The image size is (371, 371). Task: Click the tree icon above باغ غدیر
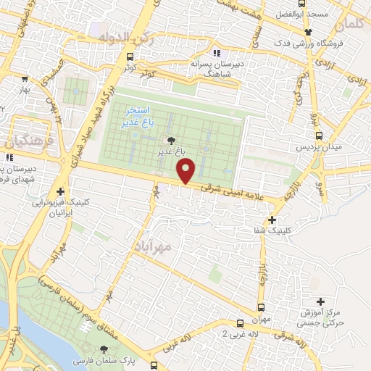pyautogui.click(x=171, y=141)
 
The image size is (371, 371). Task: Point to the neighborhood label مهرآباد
pyautogui.click(x=152, y=247)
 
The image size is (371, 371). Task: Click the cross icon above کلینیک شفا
pyautogui.click(x=272, y=220)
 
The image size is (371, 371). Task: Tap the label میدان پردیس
pyautogui.click(x=310, y=146)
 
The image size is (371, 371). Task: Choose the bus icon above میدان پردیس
pyautogui.click(x=319, y=136)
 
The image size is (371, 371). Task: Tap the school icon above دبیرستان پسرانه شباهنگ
pyautogui.click(x=215, y=52)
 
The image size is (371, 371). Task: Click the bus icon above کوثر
pyautogui.click(x=129, y=57)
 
